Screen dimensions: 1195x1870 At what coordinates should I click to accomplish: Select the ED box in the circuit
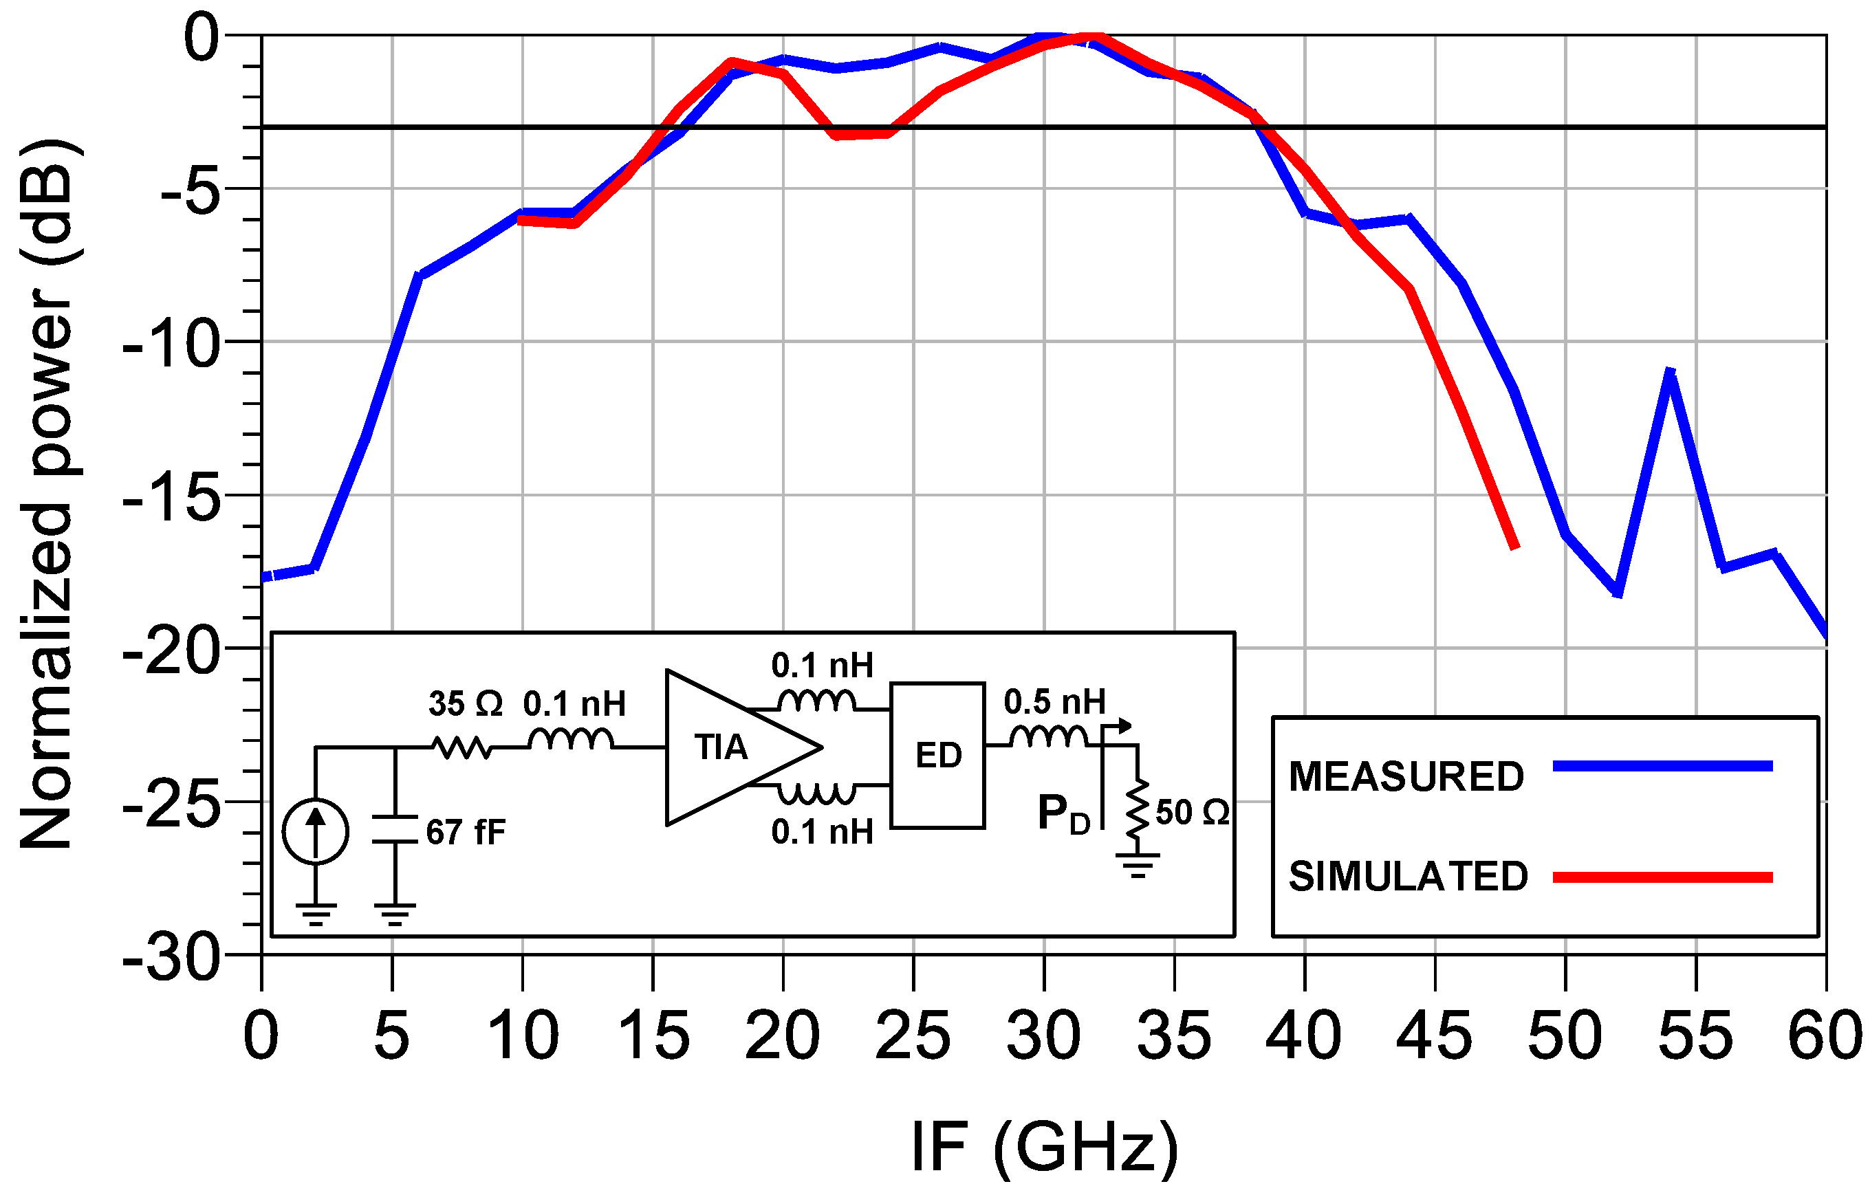[937, 756]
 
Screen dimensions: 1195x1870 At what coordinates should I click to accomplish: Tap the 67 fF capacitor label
[465, 833]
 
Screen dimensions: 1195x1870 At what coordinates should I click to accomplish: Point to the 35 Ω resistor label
[465, 703]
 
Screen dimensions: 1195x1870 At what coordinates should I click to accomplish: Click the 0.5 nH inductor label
[1054, 702]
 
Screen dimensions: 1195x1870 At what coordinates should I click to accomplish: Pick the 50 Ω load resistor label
[1192, 813]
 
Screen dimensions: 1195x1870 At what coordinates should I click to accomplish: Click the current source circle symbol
[315, 831]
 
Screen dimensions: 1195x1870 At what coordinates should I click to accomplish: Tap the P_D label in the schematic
[1063, 815]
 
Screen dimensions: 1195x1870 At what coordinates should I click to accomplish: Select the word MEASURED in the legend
[1406, 776]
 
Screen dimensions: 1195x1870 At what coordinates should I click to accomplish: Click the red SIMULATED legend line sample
[1662, 878]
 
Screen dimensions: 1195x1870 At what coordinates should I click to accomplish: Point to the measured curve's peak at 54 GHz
[1670, 373]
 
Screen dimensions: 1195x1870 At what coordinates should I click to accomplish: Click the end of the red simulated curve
[1514, 547]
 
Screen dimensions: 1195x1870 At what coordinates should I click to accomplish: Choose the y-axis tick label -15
[171, 497]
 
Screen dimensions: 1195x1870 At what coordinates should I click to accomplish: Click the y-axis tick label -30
[171, 959]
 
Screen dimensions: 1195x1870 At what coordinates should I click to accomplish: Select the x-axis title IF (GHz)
[1045, 1147]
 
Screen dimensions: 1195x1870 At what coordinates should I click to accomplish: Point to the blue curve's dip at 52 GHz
[1618, 594]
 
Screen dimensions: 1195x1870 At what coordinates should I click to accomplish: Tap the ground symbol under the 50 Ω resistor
[1138, 863]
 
